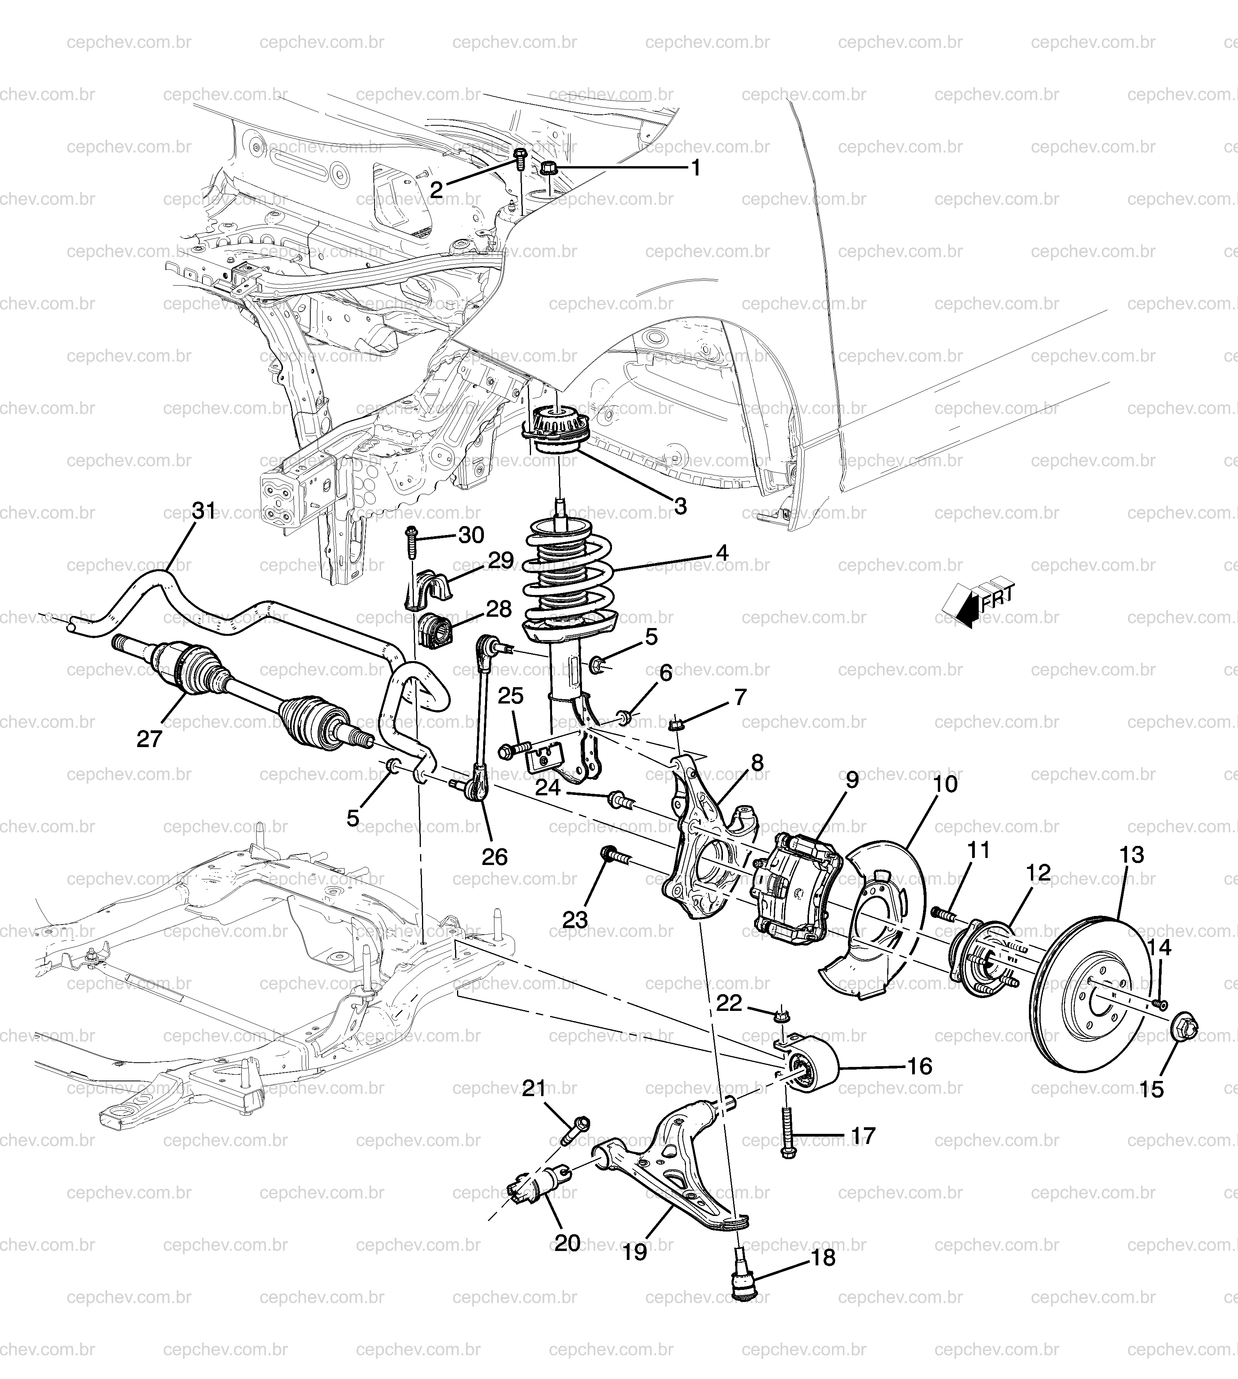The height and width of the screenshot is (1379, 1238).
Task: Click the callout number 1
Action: coord(696,168)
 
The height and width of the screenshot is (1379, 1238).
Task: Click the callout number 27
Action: coord(149,739)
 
